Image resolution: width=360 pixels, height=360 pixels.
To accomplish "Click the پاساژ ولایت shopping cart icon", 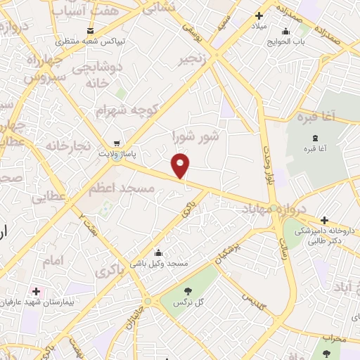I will coord(117,141).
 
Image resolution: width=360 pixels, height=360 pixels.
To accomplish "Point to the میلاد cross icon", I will coord(259,15).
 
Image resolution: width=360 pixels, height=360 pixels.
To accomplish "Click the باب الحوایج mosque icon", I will coord(285,31).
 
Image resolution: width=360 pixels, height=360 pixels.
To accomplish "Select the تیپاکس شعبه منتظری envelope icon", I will coord(90,30).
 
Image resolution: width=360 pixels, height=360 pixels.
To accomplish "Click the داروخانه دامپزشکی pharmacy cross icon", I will coord(324,221).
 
